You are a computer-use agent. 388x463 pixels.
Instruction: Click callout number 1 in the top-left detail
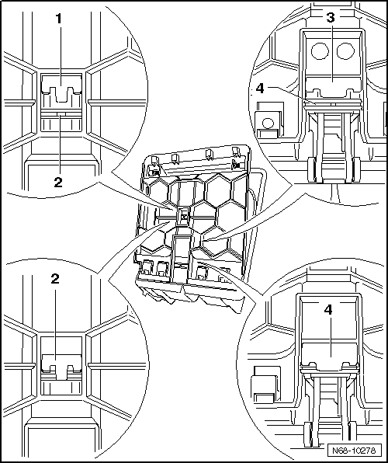tap(59, 19)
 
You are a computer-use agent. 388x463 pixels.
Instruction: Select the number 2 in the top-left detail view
tap(58, 183)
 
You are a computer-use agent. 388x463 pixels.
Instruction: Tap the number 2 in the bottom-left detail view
tap(55, 278)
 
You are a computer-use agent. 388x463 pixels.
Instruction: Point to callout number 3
tap(331, 18)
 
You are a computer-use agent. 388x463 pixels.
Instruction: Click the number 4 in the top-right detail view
tap(260, 88)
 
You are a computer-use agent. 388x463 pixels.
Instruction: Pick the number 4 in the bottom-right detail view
tap(328, 310)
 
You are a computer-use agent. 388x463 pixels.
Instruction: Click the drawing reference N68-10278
tap(354, 451)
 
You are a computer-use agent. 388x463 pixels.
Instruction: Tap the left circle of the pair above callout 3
tap(320, 51)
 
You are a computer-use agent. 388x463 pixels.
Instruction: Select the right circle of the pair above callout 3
tap(345, 51)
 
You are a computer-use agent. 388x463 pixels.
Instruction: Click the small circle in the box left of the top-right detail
tap(268, 124)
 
